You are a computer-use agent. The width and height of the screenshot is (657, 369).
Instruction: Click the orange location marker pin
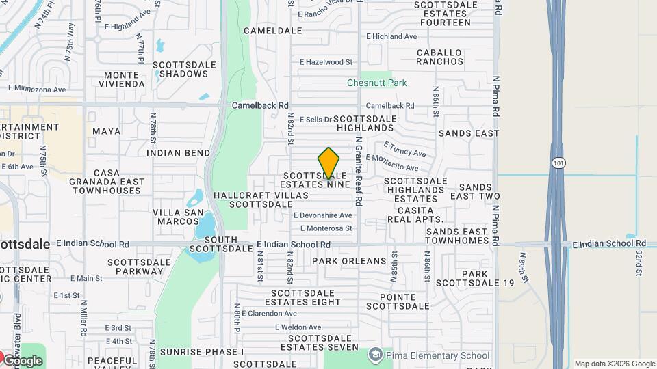[x=328, y=163]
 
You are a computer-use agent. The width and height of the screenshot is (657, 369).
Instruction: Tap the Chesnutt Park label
[x=376, y=83]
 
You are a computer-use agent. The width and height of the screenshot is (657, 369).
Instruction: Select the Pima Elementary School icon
[x=375, y=355]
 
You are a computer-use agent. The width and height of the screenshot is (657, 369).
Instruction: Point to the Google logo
[x=22, y=360]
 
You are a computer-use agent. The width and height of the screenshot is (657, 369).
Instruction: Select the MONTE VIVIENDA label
[x=125, y=79]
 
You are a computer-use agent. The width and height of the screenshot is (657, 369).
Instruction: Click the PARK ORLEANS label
[x=349, y=261]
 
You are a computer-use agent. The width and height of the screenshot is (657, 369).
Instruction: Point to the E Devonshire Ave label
[x=322, y=215]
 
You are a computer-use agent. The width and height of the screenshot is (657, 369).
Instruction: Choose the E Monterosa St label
[x=322, y=228]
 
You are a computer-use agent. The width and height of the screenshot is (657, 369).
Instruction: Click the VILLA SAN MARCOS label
[x=178, y=217]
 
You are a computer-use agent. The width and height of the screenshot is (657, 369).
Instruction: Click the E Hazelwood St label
[x=326, y=62]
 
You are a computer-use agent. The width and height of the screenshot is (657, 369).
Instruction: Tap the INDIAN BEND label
[x=178, y=153]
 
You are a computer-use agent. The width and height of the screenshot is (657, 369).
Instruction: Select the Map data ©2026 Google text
[x=614, y=364]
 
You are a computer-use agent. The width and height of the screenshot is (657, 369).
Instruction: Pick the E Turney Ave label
[x=404, y=149]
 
